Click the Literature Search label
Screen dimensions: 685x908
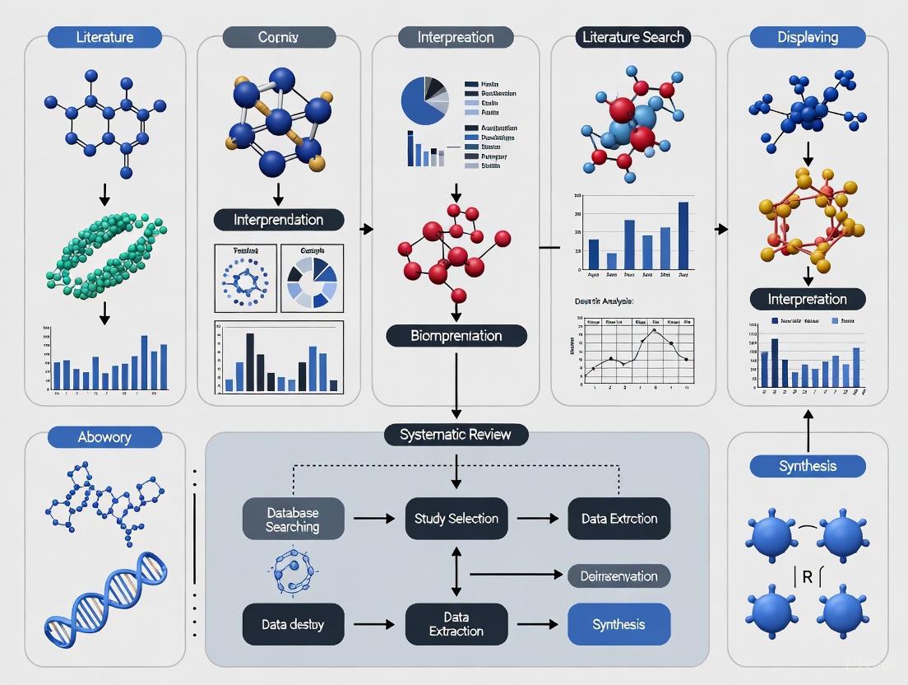pyautogui.click(x=632, y=37)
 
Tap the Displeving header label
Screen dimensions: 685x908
pyautogui.click(x=808, y=37)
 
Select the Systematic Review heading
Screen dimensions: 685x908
pyautogui.click(x=456, y=436)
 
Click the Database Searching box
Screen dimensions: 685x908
pyautogui.click(x=293, y=519)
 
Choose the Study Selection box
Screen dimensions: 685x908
pyautogui.click(x=456, y=519)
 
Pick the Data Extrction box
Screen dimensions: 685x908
pyautogui.click(x=618, y=519)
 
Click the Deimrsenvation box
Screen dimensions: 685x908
pyautogui.click(x=618, y=576)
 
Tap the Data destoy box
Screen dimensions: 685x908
pyautogui.click(x=293, y=624)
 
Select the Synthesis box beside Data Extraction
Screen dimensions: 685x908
pyautogui.click(x=618, y=624)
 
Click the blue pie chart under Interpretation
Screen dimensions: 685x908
pyautogui.click(x=425, y=101)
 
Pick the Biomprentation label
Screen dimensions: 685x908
pyautogui.click(x=456, y=335)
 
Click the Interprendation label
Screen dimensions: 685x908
pyautogui.click(x=278, y=220)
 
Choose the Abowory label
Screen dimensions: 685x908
pyautogui.click(x=104, y=437)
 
